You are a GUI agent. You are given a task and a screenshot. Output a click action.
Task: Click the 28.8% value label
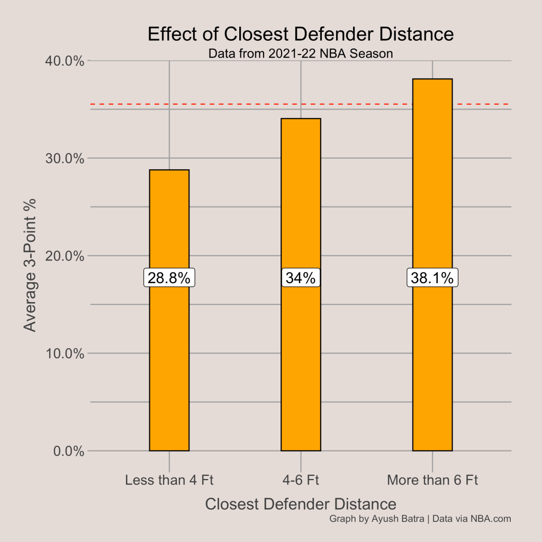coord(169,278)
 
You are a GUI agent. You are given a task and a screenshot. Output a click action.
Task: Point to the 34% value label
coord(301,278)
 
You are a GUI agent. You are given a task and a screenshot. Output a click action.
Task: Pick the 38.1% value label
coord(432,278)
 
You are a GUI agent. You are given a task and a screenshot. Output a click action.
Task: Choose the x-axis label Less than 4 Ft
coord(169,481)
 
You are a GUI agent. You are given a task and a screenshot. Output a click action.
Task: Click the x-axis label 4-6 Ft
coord(301,481)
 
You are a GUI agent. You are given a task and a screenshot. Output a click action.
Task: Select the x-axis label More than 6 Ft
coord(432,481)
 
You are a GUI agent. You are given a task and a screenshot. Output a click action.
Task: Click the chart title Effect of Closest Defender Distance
coord(301,34)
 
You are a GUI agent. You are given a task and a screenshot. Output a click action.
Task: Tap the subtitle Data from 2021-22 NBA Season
coord(301,53)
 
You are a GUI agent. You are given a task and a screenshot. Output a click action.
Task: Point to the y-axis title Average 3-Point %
coord(31,265)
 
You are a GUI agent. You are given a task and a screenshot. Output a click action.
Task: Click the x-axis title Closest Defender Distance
coord(301,504)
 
